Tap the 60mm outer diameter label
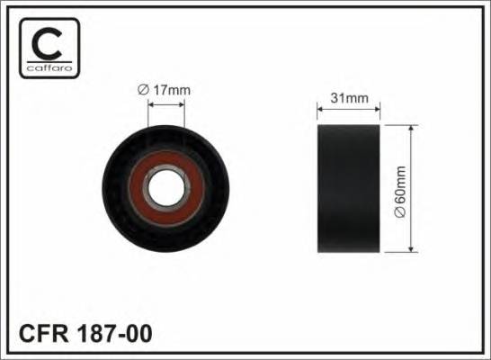tap(399, 191)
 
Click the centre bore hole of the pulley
tap(165, 191)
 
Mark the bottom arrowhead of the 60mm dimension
tap(412, 251)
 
